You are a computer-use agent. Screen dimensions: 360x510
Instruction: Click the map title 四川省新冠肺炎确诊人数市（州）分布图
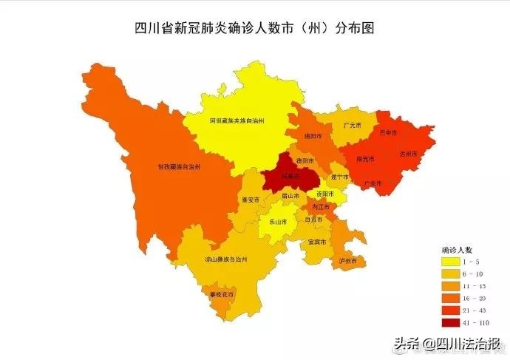pos(255,29)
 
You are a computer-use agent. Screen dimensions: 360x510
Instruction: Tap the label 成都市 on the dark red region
pos(290,177)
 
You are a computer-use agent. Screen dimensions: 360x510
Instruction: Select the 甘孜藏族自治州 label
pos(180,167)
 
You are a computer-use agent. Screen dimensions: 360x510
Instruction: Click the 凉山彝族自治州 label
pos(225,260)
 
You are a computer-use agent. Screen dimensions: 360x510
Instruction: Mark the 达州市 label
pos(408,153)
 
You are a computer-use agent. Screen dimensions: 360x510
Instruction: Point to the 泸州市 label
pos(347,261)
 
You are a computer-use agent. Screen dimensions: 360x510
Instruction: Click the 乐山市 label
pos(279,221)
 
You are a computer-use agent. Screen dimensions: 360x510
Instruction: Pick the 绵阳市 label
pos(312,136)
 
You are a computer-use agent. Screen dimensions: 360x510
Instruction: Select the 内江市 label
pos(321,207)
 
